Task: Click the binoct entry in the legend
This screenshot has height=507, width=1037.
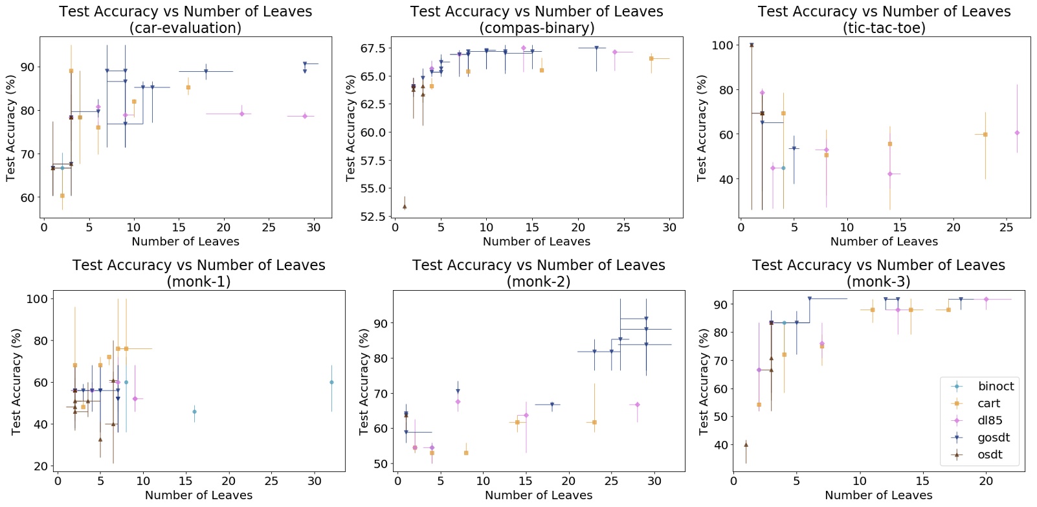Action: tap(996, 387)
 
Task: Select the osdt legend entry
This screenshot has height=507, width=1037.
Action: tap(990, 455)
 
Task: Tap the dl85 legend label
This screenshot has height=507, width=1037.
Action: tap(990, 420)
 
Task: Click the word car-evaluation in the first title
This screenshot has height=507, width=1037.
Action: tap(185, 28)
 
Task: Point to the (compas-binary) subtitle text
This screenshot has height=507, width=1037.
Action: tap(537, 28)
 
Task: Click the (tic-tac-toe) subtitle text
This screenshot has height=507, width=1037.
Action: tap(884, 28)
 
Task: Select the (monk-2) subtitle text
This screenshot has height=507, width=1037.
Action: tap(539, 282)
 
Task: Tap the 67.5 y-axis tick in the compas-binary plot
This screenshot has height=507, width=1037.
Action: tap(373, 49)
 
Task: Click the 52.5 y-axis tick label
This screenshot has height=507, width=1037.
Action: tap(373, 216)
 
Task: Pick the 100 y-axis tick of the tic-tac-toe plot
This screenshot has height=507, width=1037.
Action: tap(722, 45)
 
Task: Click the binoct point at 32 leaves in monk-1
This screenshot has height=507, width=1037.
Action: tap(331, 382)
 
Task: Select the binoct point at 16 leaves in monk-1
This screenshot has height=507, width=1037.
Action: tap(194, 412)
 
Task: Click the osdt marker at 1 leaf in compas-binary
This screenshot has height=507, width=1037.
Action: tap(405, 207)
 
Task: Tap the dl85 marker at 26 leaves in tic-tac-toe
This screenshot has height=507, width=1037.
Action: tap(1017, 133)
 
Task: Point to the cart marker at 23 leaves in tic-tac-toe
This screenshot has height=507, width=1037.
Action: tap(985, 135)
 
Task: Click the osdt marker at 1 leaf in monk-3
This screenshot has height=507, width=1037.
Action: tap(746, 444)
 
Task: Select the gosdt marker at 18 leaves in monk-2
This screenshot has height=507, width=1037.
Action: tap(552, 405)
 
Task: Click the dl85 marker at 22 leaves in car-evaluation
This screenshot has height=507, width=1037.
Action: tap(241, 114)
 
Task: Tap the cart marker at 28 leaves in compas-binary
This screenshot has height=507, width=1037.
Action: tap(651, 59)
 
